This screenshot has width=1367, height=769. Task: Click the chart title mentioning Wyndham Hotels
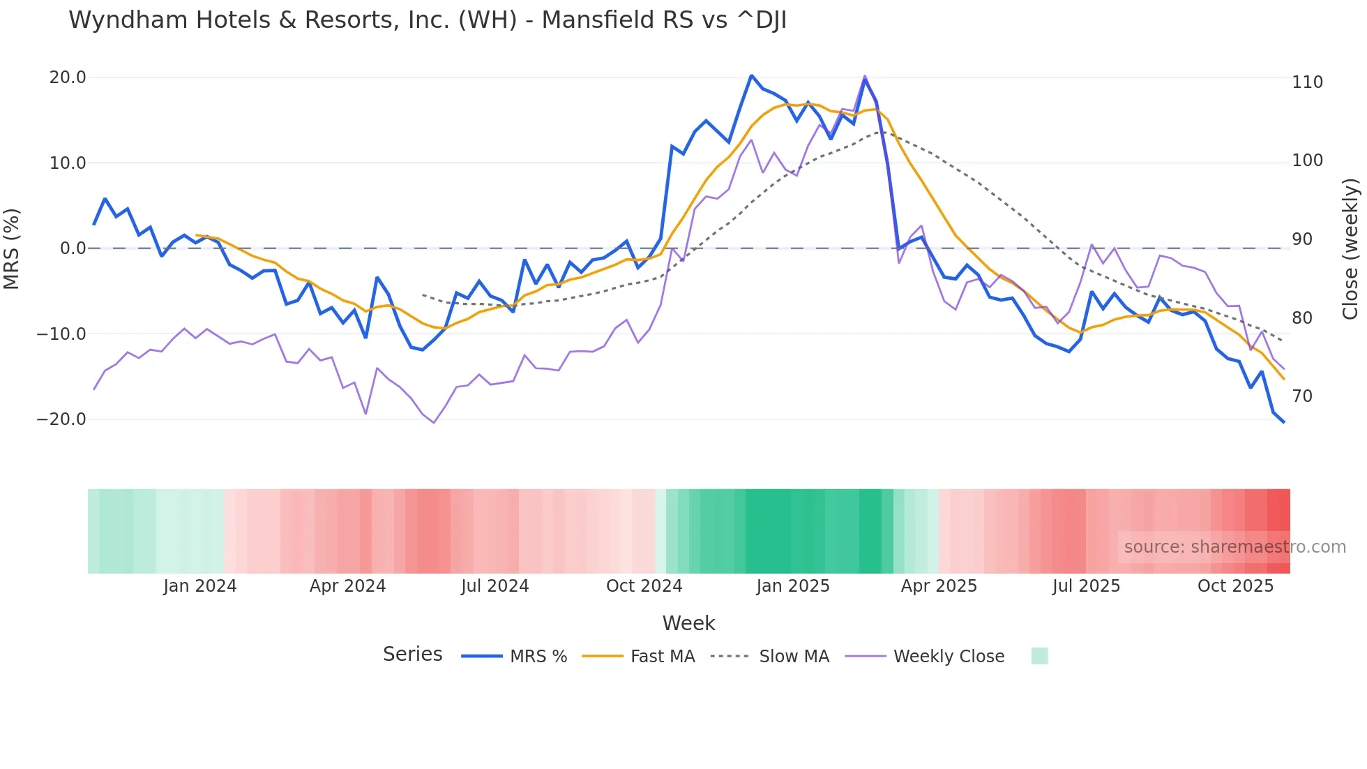pos(428,20)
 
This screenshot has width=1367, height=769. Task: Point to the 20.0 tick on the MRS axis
pos(68,77)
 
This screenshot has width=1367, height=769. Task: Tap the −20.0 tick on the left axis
pos(61,419)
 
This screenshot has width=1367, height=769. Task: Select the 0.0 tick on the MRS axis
pos(73,248)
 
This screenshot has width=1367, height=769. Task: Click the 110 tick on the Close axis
pos(1307,82)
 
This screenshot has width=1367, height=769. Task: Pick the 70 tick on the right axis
pos(1302,396)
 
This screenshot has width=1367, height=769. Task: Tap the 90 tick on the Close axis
pos(1302,239)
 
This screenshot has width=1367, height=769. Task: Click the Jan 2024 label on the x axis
pos(200,586)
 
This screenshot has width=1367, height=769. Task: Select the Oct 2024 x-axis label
pos(644,586)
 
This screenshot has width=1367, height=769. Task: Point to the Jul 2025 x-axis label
pos(1086,586)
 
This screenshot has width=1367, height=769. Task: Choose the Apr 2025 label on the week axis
pos(939,586)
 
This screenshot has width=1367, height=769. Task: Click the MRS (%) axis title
pos(11,248)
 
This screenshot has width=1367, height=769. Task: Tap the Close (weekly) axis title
pos(1350,248)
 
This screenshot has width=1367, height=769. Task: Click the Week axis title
pos(688,623)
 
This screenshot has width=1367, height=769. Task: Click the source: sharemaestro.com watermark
pos(1234,547)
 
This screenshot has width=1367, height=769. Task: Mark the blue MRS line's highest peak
pos(751,75)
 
